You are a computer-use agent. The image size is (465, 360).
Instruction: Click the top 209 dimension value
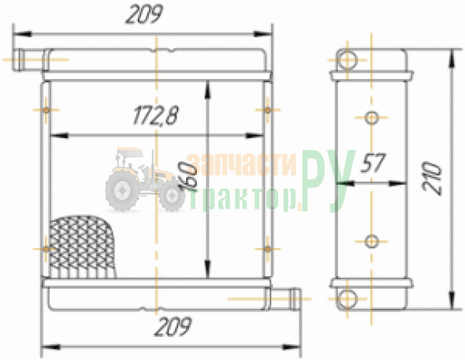[x=145, y=14]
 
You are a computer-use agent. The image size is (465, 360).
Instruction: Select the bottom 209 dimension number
[x=173, y=326]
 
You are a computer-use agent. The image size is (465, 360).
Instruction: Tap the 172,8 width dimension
[x=155, y=115]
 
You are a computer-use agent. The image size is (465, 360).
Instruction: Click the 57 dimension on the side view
[x=373, y=163]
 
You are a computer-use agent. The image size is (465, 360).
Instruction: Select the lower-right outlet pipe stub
[x=284, y=299]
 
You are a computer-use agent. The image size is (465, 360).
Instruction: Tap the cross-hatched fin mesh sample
[x=82, y=247]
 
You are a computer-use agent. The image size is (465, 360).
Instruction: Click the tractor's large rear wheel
[x=122, y=191]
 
